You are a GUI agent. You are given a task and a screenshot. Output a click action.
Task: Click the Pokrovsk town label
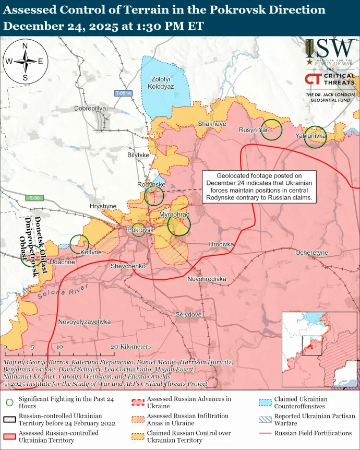pos(140,230)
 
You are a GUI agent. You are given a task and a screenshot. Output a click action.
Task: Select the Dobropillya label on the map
pos(90,108)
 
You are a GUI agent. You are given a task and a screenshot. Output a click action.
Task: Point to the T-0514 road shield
pos(124,93)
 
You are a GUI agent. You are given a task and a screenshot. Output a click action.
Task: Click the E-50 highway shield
pos(34,198)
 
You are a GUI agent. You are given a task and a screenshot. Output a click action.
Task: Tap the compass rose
pos(25,61)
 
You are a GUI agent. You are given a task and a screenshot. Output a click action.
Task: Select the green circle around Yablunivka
pos(315,137)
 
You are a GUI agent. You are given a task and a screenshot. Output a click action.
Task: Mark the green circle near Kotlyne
pos(79,243)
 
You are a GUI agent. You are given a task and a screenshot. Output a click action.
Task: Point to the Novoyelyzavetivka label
pos(85,322)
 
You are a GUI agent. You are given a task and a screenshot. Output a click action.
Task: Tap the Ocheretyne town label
pos(311,253)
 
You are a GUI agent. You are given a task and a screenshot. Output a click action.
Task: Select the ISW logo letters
pos(329,49)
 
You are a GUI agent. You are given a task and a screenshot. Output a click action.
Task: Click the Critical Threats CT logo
pos(313,79)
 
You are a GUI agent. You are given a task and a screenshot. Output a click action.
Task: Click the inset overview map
pos(320,350)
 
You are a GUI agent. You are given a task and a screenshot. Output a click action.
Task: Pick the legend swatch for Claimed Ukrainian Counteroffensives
pos(265,402)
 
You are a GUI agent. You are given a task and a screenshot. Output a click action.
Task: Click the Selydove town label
pos(188,315)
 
